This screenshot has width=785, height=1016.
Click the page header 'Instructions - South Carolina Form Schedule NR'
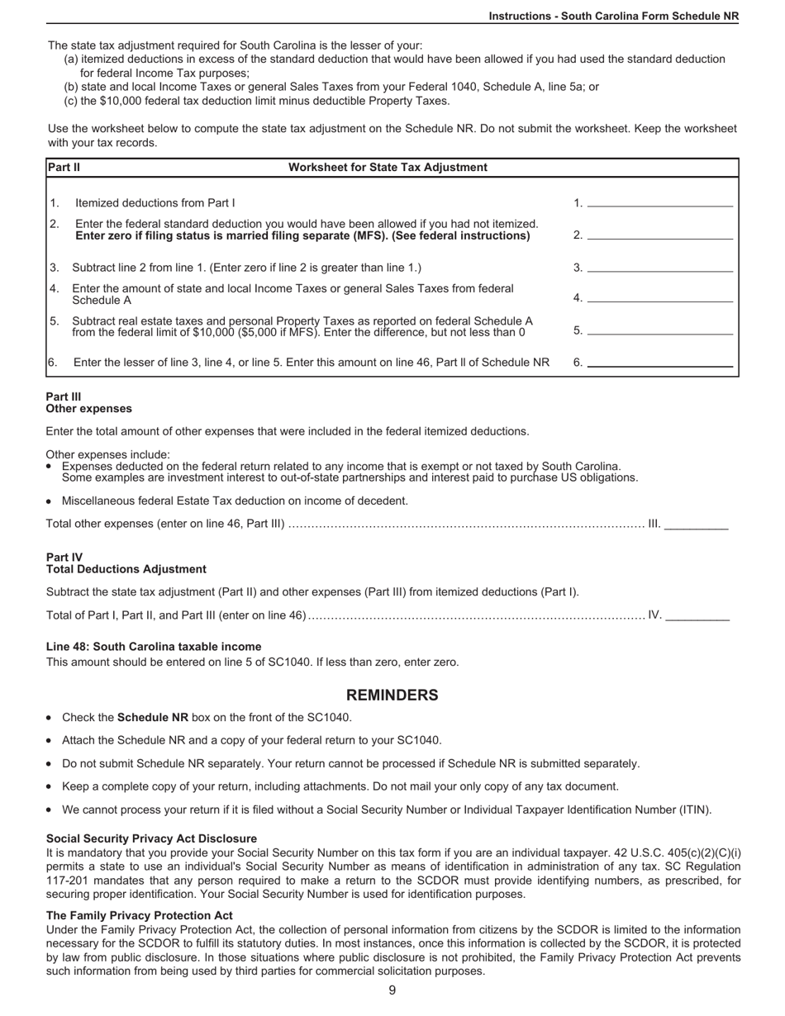(613, 16)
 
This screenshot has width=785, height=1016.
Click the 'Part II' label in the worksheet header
(64, 168)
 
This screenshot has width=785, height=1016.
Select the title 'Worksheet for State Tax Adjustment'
(388, 168)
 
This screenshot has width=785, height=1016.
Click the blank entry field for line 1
(659, 202)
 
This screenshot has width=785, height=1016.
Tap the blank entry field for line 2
(659, 235)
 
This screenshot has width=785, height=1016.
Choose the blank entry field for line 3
(659, 267)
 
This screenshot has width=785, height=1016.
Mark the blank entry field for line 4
(659, 297)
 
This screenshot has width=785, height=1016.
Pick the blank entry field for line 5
(659, 330)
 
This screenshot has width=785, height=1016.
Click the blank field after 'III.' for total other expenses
(696, 524)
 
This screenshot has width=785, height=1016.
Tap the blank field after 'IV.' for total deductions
(697, 615)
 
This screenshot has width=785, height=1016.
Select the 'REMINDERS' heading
(392, 695)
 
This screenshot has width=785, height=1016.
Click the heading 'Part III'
(64, 396)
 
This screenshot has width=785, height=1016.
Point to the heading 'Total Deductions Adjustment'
(126, 569)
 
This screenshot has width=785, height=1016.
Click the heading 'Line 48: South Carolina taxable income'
(154, 647)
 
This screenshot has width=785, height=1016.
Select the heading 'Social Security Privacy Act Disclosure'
(151, 838)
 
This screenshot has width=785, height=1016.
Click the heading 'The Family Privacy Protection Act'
(140, 915)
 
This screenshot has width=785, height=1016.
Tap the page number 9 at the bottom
(392, 990)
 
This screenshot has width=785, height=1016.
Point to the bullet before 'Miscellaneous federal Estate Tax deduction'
(50, 501)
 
